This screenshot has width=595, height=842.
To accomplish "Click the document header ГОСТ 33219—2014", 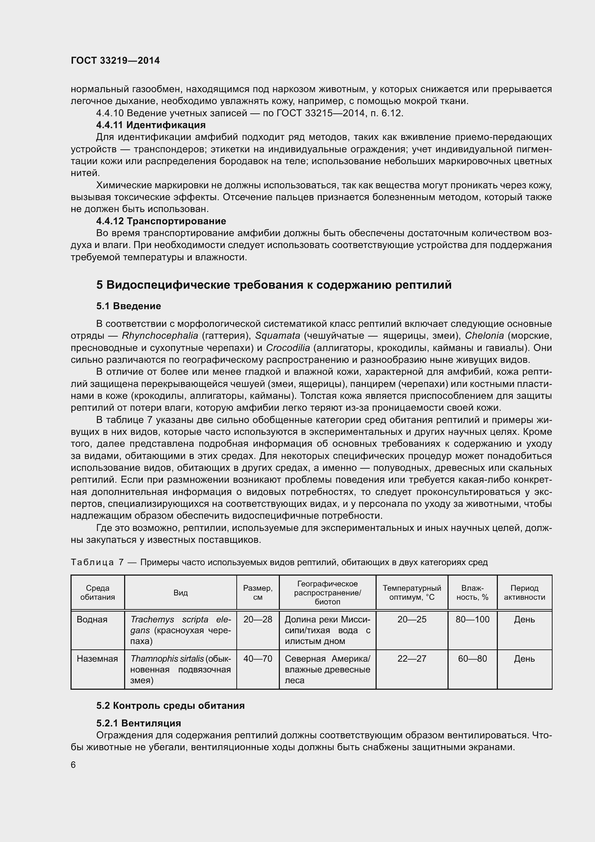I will [x=115, y=61].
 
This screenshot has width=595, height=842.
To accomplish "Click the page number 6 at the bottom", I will [x=73, y=765].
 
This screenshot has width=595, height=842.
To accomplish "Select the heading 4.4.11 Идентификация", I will [x=151, y=125].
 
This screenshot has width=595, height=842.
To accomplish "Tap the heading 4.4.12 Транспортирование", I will [x=161, y=221].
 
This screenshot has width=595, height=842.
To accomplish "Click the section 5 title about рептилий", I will [x=274, y=285].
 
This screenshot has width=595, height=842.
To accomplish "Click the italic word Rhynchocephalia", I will [x=160, y=336].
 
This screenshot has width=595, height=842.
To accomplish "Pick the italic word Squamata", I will [x=278, y=336].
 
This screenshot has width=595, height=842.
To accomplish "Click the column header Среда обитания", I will [x=97, y=593].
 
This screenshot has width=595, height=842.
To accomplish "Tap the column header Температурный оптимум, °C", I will [x=412, y=593].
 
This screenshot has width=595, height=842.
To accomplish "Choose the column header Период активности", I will [x=524, y=593].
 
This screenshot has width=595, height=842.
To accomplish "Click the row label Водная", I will [x=92, y=620].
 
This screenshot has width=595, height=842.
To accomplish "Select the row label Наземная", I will [x=97, y=659].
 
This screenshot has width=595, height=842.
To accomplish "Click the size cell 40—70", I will [x=258, y=659].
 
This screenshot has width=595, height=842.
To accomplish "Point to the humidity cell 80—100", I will [x=472, y=620].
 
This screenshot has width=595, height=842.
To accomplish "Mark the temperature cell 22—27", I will [x=412, y=659].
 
